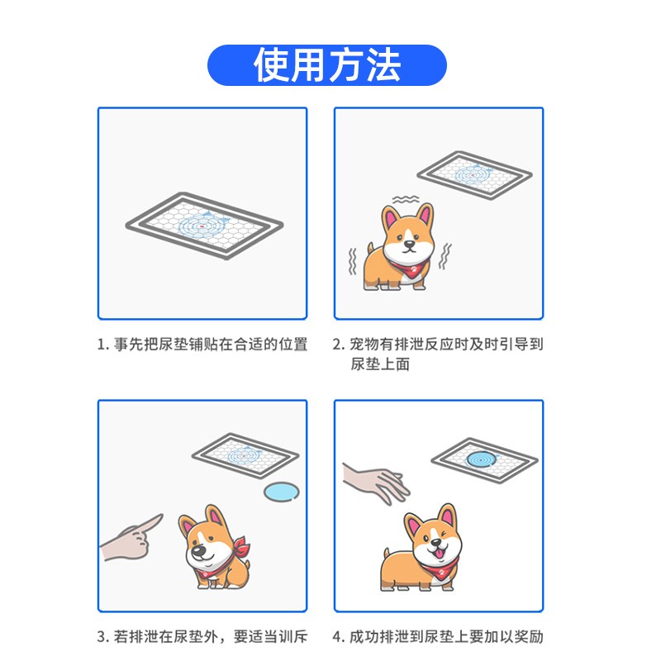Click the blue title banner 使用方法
tap(326, 65)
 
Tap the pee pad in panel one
tap(204, 226)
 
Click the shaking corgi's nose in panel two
tap(409, 244)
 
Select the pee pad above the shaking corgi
tap(474, 174)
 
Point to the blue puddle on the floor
tap(282, 492)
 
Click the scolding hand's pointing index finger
tap(149, 523)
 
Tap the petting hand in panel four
tap(375, 483)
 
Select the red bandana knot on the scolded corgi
tap(241, 546)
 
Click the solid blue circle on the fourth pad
tap(481, 459)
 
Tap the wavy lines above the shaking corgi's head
tap(406, 199)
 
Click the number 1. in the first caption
tap(103, 345)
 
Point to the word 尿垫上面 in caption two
tap(380, 364)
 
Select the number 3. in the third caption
tap(103, 636)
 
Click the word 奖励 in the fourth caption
tap(529, 636)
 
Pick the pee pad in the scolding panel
tap(245, 456)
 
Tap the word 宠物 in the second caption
tap(364, 345)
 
